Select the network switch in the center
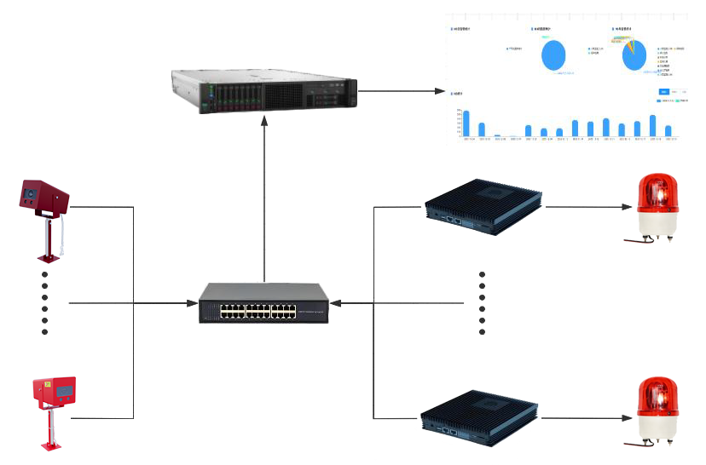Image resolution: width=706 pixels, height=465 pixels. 264,303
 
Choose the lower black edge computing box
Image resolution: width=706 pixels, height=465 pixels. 482,416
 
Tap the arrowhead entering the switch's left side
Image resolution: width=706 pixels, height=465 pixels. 192,303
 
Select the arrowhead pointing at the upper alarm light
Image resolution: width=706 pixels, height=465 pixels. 628,206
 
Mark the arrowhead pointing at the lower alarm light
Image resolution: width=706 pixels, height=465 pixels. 628,418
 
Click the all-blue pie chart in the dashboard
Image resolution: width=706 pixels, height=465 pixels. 553,57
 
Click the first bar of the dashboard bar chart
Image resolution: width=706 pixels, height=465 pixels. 466,123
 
